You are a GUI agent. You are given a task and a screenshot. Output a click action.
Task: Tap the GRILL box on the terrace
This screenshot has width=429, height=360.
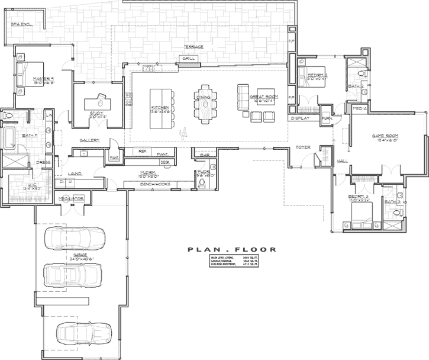coord(189,59)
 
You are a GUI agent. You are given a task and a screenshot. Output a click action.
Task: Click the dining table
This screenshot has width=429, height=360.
coord(203,106)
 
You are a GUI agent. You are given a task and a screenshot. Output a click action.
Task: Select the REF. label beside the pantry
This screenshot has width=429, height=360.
coord(143,152)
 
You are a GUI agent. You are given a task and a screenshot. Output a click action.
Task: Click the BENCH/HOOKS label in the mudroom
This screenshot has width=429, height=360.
coord(156,184)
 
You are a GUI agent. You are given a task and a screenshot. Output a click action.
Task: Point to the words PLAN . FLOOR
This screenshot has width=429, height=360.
coord(221,249)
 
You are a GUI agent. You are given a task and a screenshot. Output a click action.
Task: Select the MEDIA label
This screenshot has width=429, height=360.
coord(359,110)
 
